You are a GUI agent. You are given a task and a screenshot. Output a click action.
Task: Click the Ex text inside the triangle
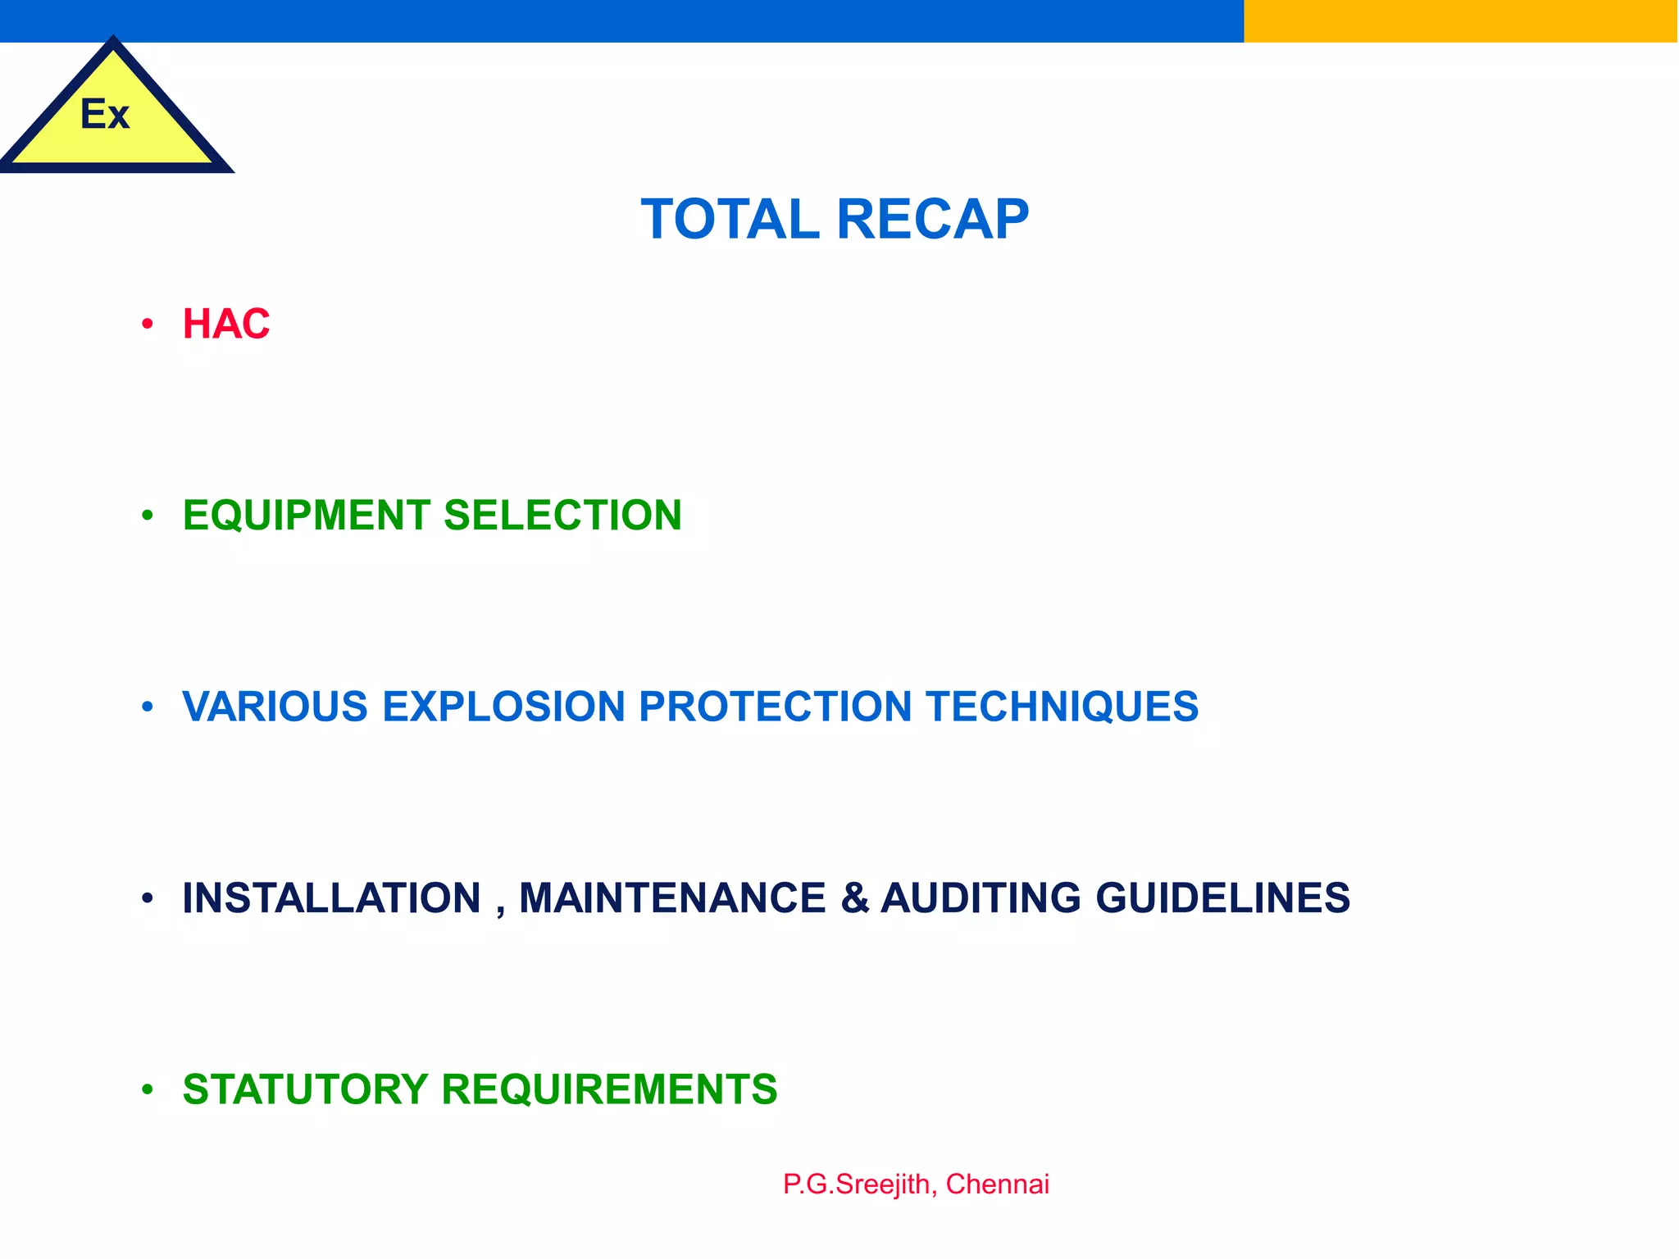pyautogui.click(x=105, y=114)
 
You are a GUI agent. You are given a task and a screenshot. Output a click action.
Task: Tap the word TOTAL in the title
pyautogui.click(x=730, y=220)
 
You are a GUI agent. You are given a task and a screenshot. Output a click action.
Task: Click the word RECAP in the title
pyautogui.click(x=932, y=220)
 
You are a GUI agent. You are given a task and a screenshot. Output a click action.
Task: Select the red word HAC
pyautogui.click(x=226, y=324)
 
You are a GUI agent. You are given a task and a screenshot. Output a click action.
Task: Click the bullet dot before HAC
pyautogui.click(x=148, y=325)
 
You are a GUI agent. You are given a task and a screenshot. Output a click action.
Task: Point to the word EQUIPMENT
pyautogui.click(x=306, y=516)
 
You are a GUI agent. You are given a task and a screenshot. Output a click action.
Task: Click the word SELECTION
pyautogui.click(x=562, y=516)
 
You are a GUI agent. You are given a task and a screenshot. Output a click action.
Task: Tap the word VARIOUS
pyautogui.click(x=275, y=707)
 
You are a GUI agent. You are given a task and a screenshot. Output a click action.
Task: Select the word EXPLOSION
pyautogui.click(x=503, y=707)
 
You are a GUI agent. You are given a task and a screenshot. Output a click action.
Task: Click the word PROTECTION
pyautogui.click(x=775, y=707)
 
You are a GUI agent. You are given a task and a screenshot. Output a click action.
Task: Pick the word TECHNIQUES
pyautogui.click(x=1062, y=707)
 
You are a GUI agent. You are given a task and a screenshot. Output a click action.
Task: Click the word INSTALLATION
pyautogui.click(x=332, y=898)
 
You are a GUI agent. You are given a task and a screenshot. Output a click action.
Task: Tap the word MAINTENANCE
pyautogui.click(x=672, y=898)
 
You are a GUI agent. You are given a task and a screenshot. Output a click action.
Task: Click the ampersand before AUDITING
pyautogui.click(x=854, y=898)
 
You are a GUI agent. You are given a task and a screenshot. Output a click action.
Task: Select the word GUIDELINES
pyautogui.click(x=1222, y=898)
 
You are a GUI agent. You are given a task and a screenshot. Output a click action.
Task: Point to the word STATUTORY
pyautogui.click(x=306, y=1089)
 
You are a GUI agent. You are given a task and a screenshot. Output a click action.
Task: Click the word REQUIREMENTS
pyautogui.click(x=609, y=1089)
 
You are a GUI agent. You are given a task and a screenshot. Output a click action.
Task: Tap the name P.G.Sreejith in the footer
pyautogui.click(x=857, y=1184)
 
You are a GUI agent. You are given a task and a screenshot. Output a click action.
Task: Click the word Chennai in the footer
pyautogui.click(x=997, y=1184)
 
